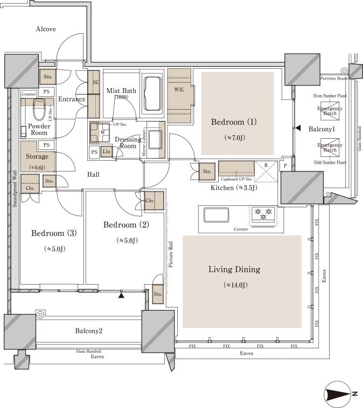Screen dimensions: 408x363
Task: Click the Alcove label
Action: (x=46, y=29)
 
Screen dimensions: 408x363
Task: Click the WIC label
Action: (x=179, y=89)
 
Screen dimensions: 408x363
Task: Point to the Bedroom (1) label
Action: (x=234, y=122)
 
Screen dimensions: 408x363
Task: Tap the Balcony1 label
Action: (x=322, y=130)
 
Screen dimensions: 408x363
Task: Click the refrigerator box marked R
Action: (x=265, y=170)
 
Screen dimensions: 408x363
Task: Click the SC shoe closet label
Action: (x=96, y=82)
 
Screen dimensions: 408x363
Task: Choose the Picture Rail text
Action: (x=170, y=255)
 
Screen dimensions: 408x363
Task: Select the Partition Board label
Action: (x=334, y=79)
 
